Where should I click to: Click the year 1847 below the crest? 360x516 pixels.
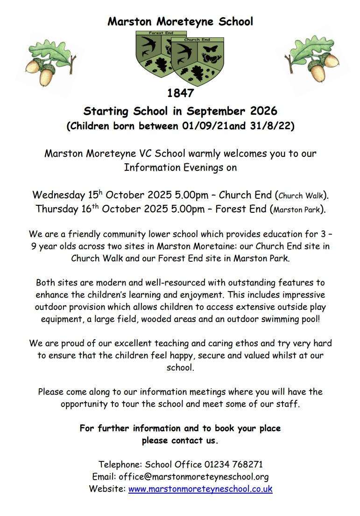[180, 93]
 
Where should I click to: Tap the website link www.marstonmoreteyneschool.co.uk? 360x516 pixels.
[200, 489]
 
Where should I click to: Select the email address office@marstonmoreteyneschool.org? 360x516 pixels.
[194, 477]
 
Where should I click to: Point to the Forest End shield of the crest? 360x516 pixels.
[152, 51]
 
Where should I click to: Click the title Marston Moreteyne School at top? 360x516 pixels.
[180, 21]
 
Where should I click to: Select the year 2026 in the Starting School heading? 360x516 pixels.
[263, 112]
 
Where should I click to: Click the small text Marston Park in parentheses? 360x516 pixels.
[296, 210]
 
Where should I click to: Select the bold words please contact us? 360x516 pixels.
[180, 440]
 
